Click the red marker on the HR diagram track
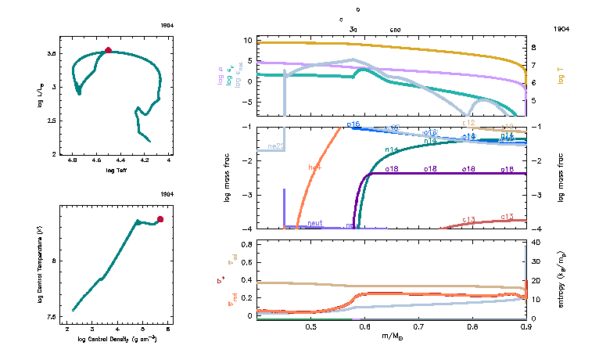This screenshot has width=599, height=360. (x=108, y=51)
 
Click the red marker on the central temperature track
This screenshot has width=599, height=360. (x=160, y=220)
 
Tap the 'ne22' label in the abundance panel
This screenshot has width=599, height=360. (x=275, y=146)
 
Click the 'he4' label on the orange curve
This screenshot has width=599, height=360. (x=315, y=167)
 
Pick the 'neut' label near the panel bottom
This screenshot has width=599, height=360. (x=315, y=223)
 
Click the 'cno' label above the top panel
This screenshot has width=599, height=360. (x=396, y=28)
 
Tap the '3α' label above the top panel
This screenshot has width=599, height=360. (x=353, y=28)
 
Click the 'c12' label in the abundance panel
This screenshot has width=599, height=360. (x=468, y=123)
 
